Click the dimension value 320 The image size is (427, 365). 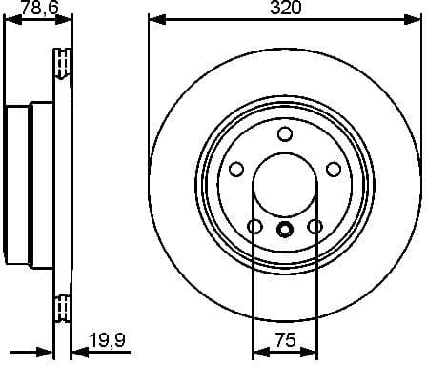pyautogui.click(x=285, y=9)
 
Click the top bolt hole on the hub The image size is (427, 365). pyautogui.click(x=284, y=133)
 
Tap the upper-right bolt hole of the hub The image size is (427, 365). pyautogui.click(x=334, y=169)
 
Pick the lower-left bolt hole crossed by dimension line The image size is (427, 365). pyautogui.click(x=254, y=227)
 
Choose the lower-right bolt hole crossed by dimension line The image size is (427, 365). pyautogui.click(x=315, y=227)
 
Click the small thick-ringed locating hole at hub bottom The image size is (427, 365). pyautogui.click(x=284, y=229)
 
